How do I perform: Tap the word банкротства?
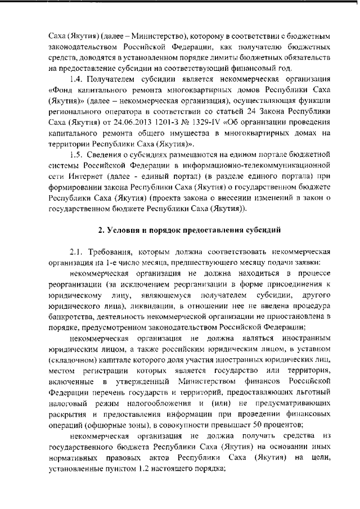pyautogui.click(x=71, y=317)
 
